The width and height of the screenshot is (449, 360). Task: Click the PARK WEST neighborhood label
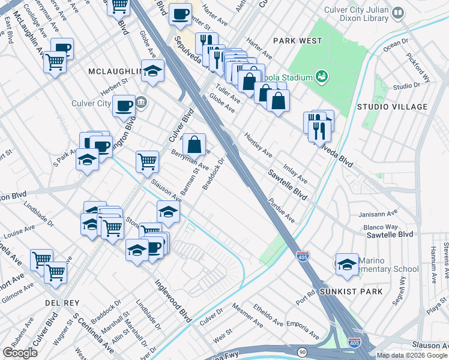pyautogui.click(x=297, y=41)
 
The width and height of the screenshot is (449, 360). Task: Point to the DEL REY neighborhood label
pyautogui.click(x=60, y=304)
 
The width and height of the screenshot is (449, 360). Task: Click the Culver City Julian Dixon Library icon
pyautogui.click(x=397, y=13)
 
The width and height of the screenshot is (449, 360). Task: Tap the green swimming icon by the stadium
pyautogui.click(x=322, y=77)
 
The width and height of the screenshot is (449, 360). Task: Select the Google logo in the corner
pyautogui.click(x=20, y=353)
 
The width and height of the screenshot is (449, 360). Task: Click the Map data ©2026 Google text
pyautogui.click(x=412, y=355)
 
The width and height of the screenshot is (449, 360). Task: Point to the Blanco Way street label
pyautogui.click(x=381, y=227)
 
